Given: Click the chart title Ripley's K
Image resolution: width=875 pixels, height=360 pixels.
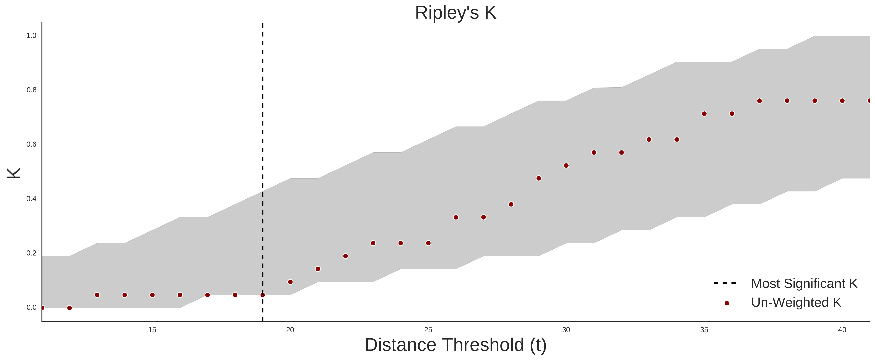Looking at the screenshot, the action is pyautogui.click(x=455, y=13).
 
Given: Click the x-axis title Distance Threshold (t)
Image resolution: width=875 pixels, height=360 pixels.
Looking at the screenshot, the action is pyautogui.click(x=455, y=345).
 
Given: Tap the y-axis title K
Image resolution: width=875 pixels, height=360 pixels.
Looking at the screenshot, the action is pyautogui.click(x=14, y=173).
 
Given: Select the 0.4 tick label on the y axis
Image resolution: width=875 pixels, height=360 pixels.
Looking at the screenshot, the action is pyautogui.click(x=31, y=199).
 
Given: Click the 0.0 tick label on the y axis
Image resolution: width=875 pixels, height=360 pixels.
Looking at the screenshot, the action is pyautogui.click(x=31, y=307).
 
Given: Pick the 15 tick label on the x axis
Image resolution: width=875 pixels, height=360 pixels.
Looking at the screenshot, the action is pyautogui.click(x=152, y=330).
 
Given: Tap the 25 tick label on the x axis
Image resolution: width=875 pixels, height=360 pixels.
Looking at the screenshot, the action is pyautogui.click(x=428, y=330).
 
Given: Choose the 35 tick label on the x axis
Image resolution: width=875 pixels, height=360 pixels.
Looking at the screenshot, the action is pyautogui.click(x=704, y=330).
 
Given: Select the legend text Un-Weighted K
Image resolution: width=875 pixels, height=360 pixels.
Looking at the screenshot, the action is pyautogui.click(x=796, y=302).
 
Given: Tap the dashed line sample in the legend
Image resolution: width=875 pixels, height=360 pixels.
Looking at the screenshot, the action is pyautogui.click(x=725, y=283).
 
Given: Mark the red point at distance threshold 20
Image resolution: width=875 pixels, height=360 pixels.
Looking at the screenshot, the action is pyautogui.click(x=290, y=282).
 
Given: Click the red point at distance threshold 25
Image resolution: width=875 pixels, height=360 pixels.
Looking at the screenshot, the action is pyautogui.click(x=428, y=243).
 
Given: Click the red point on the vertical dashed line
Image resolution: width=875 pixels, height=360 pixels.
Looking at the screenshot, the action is pyautogui.click(x=263, y=295).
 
